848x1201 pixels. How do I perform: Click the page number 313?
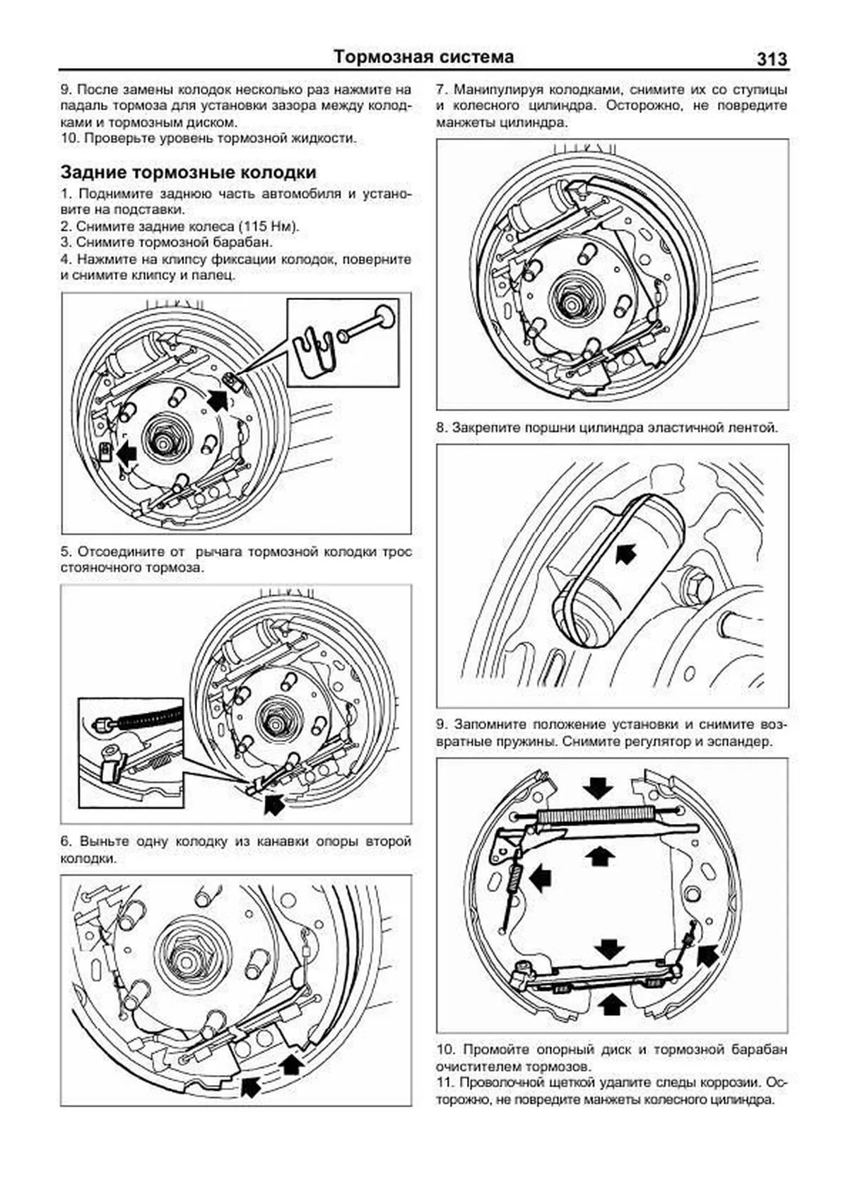(771, 59)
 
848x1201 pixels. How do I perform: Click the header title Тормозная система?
(423, 57)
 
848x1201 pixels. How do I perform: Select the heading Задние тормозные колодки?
(188, 173)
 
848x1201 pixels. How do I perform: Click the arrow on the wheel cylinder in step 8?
(625, 552)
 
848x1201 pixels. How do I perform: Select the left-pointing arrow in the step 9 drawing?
(539, 878)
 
